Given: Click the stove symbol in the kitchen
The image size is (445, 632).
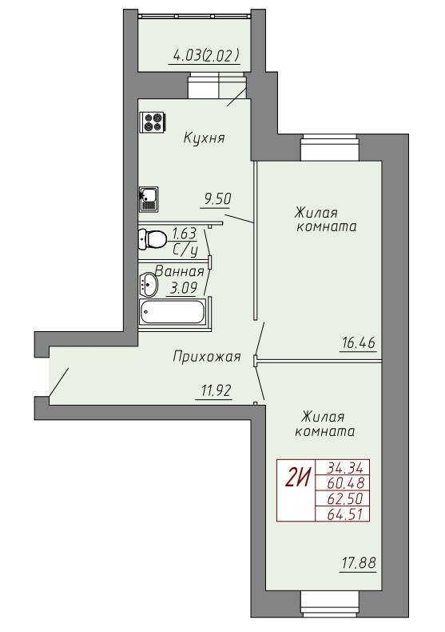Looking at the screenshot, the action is (x=153, y=122).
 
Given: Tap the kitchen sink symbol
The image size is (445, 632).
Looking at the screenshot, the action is (x=149, y=199).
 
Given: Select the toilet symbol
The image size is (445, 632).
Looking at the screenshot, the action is (x=152, y=239).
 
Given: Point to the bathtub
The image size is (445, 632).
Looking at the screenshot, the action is (x=173, y=311).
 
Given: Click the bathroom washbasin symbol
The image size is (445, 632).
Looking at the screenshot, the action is (x=149, y=284).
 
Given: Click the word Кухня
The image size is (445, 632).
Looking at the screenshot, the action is (x=204, y=138).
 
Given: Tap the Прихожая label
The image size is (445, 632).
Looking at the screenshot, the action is (x=207, y=357).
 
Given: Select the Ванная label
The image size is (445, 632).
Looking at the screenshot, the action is (x=180, y=271).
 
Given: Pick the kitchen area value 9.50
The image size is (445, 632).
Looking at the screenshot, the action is (x=217, y=199).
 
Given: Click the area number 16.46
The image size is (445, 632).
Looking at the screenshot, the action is (x=359, y=343).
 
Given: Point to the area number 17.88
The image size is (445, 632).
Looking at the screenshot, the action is (x=359, y=562).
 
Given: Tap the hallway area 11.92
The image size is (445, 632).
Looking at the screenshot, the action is (x=216, y=390).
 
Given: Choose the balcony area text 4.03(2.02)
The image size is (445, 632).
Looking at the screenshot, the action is (x=205, y=55).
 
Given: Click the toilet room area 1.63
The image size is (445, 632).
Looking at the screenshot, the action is (x=184, y=234).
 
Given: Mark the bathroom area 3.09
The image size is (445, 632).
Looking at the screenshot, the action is (x=184, y=288).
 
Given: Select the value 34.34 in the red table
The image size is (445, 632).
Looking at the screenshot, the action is (x=345, y=468).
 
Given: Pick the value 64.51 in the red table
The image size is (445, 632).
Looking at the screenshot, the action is (x=345, y=514).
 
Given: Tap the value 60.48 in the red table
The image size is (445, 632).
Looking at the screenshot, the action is (x=345, y=483).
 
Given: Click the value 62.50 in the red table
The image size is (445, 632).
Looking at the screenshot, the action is (x=345, y=498).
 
